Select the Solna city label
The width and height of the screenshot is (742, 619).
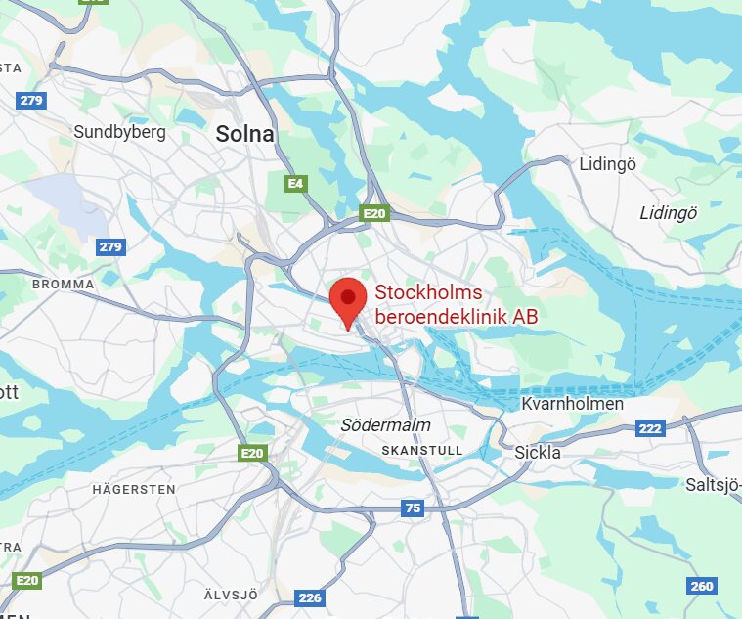[244, 135]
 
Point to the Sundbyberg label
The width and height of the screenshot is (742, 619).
[120, 132]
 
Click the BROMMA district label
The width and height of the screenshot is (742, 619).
[64, 284]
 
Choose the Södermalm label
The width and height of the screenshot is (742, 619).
[385, 425]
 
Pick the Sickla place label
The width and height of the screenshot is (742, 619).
[538, 453]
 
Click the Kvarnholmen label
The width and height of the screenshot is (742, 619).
[573, 405]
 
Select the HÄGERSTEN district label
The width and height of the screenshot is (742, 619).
[134, 488]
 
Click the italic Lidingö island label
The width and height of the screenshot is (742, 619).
[668, 213]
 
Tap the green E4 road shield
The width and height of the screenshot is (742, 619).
[295, 183]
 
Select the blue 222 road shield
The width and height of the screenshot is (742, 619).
[650, 428]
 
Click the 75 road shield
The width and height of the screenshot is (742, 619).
[413, 508]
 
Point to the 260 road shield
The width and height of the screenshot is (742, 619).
[702, 586]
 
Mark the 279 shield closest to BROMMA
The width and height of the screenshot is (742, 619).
[110, 246]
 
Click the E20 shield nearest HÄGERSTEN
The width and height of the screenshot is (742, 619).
[253, 453]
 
